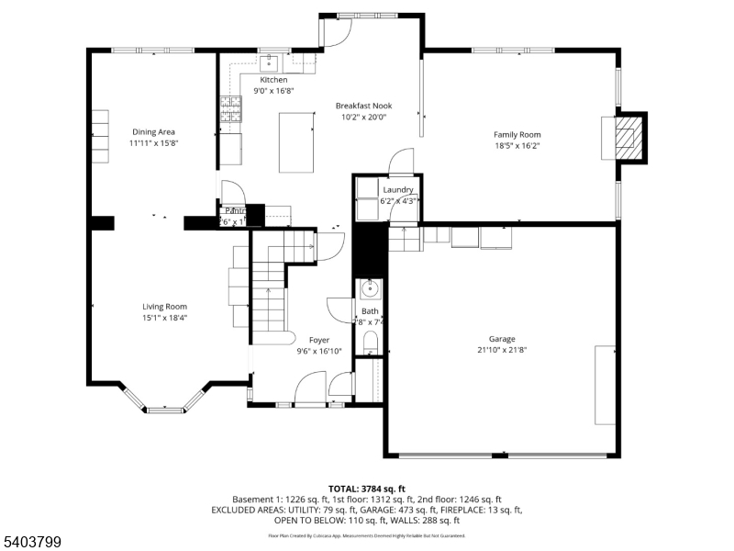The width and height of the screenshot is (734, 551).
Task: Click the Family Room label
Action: point(517,134)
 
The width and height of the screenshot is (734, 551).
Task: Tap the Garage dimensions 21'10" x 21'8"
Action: point(501,349)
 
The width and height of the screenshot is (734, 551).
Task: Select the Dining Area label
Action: point(153,132)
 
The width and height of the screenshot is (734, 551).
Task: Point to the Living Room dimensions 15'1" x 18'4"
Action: point(164,318)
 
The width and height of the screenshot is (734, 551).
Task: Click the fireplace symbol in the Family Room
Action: point(628,136)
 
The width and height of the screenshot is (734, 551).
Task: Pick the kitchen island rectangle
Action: point(295,141)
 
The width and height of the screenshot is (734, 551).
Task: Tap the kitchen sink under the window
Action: point(270,63)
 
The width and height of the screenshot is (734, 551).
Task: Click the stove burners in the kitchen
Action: point(229,110)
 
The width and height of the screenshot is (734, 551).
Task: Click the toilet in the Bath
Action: point(370,344)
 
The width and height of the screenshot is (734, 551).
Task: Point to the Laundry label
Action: point(398,190)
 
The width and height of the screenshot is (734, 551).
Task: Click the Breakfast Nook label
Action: point(363,106)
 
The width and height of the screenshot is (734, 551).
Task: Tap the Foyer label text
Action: point(318,340)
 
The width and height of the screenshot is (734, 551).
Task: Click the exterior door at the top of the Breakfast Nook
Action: point(336,32)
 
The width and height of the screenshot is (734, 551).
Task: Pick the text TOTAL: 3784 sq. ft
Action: point(366,489)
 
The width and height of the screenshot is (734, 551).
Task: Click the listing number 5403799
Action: point(31,542)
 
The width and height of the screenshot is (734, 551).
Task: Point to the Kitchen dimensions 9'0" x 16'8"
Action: point(273,91)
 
